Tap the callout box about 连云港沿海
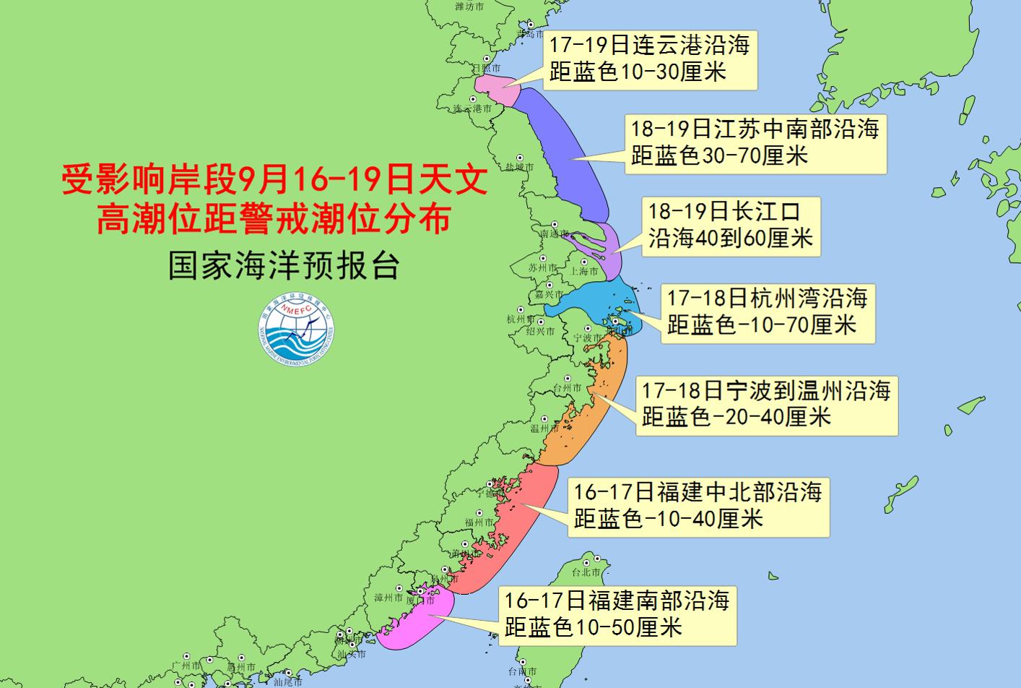[x=649, y=59]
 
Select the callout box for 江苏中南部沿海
[x=755, y=143]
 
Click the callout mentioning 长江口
[x=731, y=225]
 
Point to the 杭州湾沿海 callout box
[x=766, y=312]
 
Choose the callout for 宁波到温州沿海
[x=765, y=405]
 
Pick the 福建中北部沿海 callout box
[x=698, y=507]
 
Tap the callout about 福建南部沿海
[x=617, y=615]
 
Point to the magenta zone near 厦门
[x=415, y=622]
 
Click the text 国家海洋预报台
[x=284, y=265]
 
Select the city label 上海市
[x=584, y=272]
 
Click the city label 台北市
[x=586, y=572]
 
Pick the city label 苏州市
[x=542, y=268]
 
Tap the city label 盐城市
[x=519, y=167]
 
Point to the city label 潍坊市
[x=469, y=7]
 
